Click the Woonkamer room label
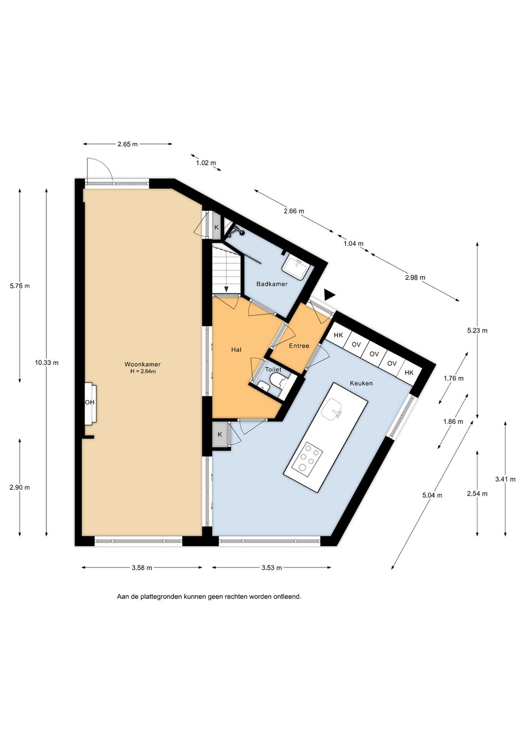pos(142,364)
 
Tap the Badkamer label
pos(272,284)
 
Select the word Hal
pos(236,350)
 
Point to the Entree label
pos(299,346)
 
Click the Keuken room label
pos(361,383)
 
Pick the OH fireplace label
pos(89,403)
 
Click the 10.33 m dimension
pos(47,363)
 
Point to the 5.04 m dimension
pos(432,495)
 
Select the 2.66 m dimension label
pos(294,211)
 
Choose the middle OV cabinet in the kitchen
pos(374,354)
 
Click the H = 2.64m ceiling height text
pos(143,371)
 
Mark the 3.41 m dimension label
pos(505,479)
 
